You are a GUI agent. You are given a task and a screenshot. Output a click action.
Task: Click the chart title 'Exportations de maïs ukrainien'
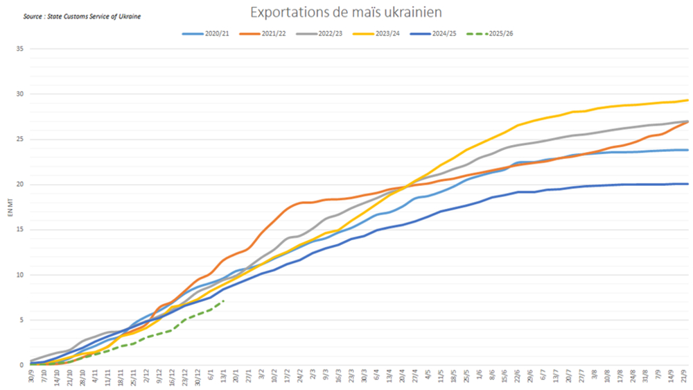346,12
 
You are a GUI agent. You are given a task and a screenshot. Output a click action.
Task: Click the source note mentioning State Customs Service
72,15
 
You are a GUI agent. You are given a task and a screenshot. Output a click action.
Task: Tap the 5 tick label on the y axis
21,320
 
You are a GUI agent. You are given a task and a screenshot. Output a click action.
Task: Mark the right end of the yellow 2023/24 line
687,100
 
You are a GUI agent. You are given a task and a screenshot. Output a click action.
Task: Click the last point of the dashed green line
223,300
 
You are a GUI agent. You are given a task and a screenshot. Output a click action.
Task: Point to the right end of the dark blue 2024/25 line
687,184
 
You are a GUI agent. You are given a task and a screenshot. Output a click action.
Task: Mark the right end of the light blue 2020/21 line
687,150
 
